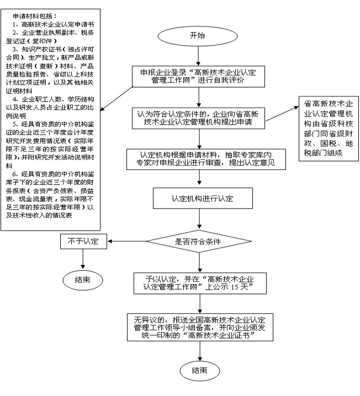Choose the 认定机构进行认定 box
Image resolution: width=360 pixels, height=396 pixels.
click(x=199, y=198)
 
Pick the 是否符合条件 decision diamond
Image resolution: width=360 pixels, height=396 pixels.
click(x=199, y=241)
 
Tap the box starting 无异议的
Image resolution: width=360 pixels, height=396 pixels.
click(x=199, y=327)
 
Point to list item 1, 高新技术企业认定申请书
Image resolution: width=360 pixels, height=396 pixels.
click(x=56, y=25)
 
